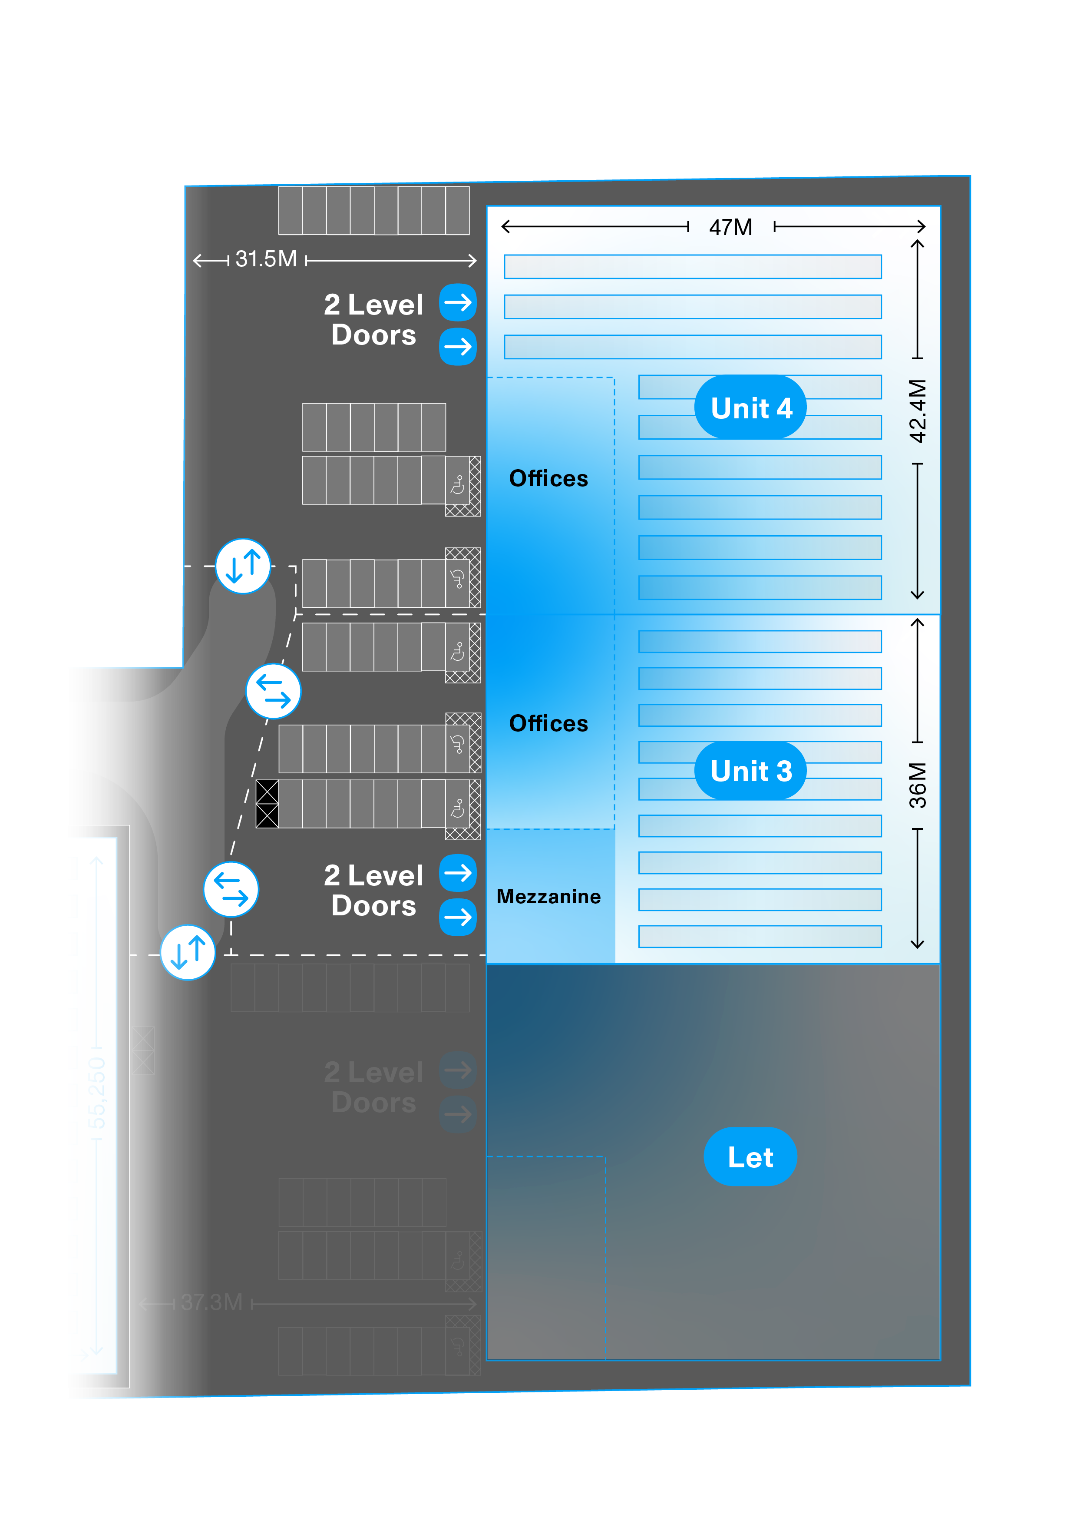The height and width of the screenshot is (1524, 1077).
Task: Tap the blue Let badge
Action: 750,1157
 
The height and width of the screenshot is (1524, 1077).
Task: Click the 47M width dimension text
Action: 730,228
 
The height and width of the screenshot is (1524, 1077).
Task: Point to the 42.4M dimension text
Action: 917,411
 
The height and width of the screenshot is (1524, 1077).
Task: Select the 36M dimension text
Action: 917,785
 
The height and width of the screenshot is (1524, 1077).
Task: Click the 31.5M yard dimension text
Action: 266,259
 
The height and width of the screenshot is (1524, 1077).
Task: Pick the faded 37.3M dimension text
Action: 211,1302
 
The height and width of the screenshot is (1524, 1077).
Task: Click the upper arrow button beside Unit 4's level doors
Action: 458,303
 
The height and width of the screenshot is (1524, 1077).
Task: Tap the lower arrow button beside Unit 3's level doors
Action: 458,918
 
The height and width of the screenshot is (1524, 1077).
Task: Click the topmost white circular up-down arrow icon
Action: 243,566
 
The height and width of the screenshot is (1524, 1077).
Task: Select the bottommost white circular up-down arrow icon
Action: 188,952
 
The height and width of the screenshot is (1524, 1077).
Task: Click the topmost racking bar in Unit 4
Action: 692,267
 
